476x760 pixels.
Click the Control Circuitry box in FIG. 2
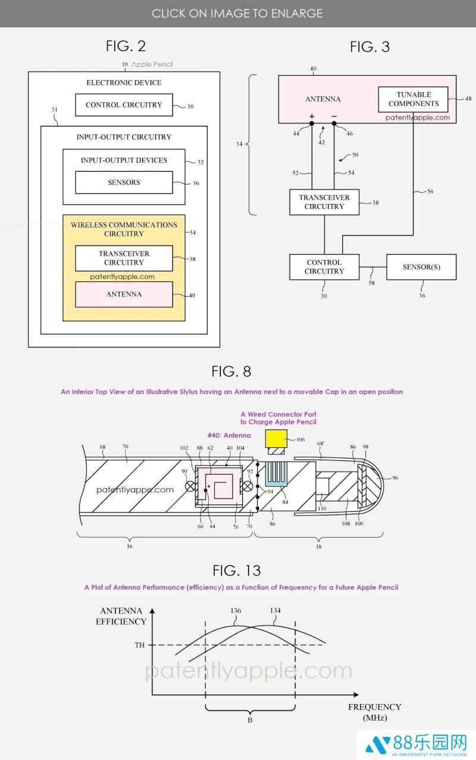click(124, 105)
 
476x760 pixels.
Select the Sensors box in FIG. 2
click(124, 183)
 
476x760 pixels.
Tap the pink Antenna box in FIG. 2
click(124, 294)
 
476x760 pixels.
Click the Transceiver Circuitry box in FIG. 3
click(324, 202)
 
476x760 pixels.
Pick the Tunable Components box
click(414, 99)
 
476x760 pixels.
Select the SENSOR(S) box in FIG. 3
click(421, 267)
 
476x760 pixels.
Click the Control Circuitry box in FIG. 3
click(324, 267)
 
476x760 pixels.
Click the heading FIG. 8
click(231, 372)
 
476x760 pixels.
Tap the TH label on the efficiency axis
click(139, 645)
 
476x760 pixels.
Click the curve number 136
click(235, 611)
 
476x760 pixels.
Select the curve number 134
click(275, 611)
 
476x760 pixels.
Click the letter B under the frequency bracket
click(250, 720)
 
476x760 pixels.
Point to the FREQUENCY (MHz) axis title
click(375, 712)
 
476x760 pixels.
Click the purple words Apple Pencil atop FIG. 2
click(152, 64)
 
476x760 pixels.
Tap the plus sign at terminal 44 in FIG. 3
click(311, 116)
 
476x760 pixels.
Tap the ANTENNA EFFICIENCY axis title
click(121, 616)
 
